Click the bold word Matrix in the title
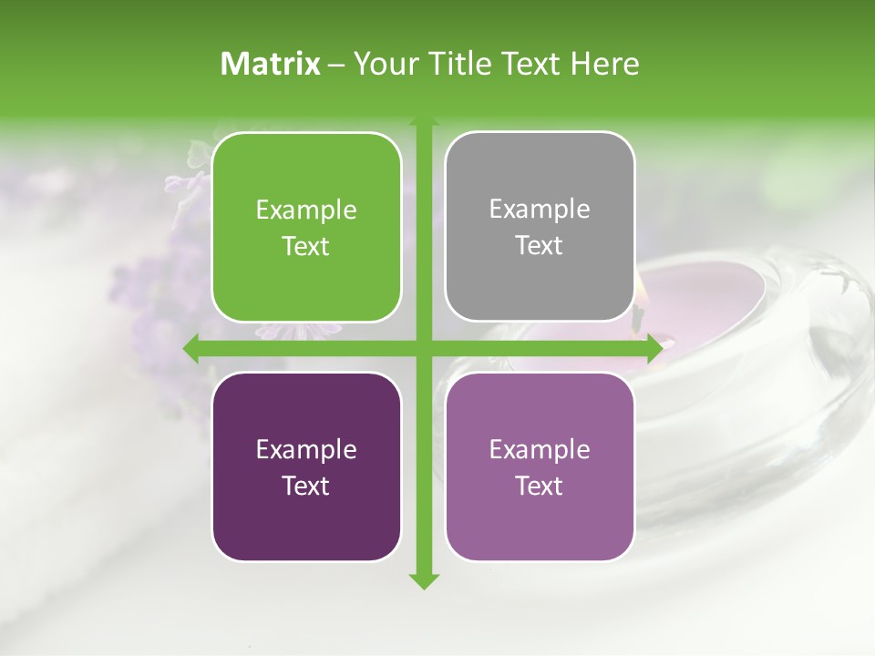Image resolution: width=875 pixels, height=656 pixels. click(271, 64)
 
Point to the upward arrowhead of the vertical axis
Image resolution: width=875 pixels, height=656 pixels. click(423, 122)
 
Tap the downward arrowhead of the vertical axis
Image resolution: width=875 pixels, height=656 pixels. click(423, 580)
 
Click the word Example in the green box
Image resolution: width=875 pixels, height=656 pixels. click(306, 210)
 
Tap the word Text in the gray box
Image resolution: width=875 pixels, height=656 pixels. click(540, 246)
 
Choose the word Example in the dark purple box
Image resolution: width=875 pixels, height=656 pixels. click(306, 449)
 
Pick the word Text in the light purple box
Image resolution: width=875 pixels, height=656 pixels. click(540, 486)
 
